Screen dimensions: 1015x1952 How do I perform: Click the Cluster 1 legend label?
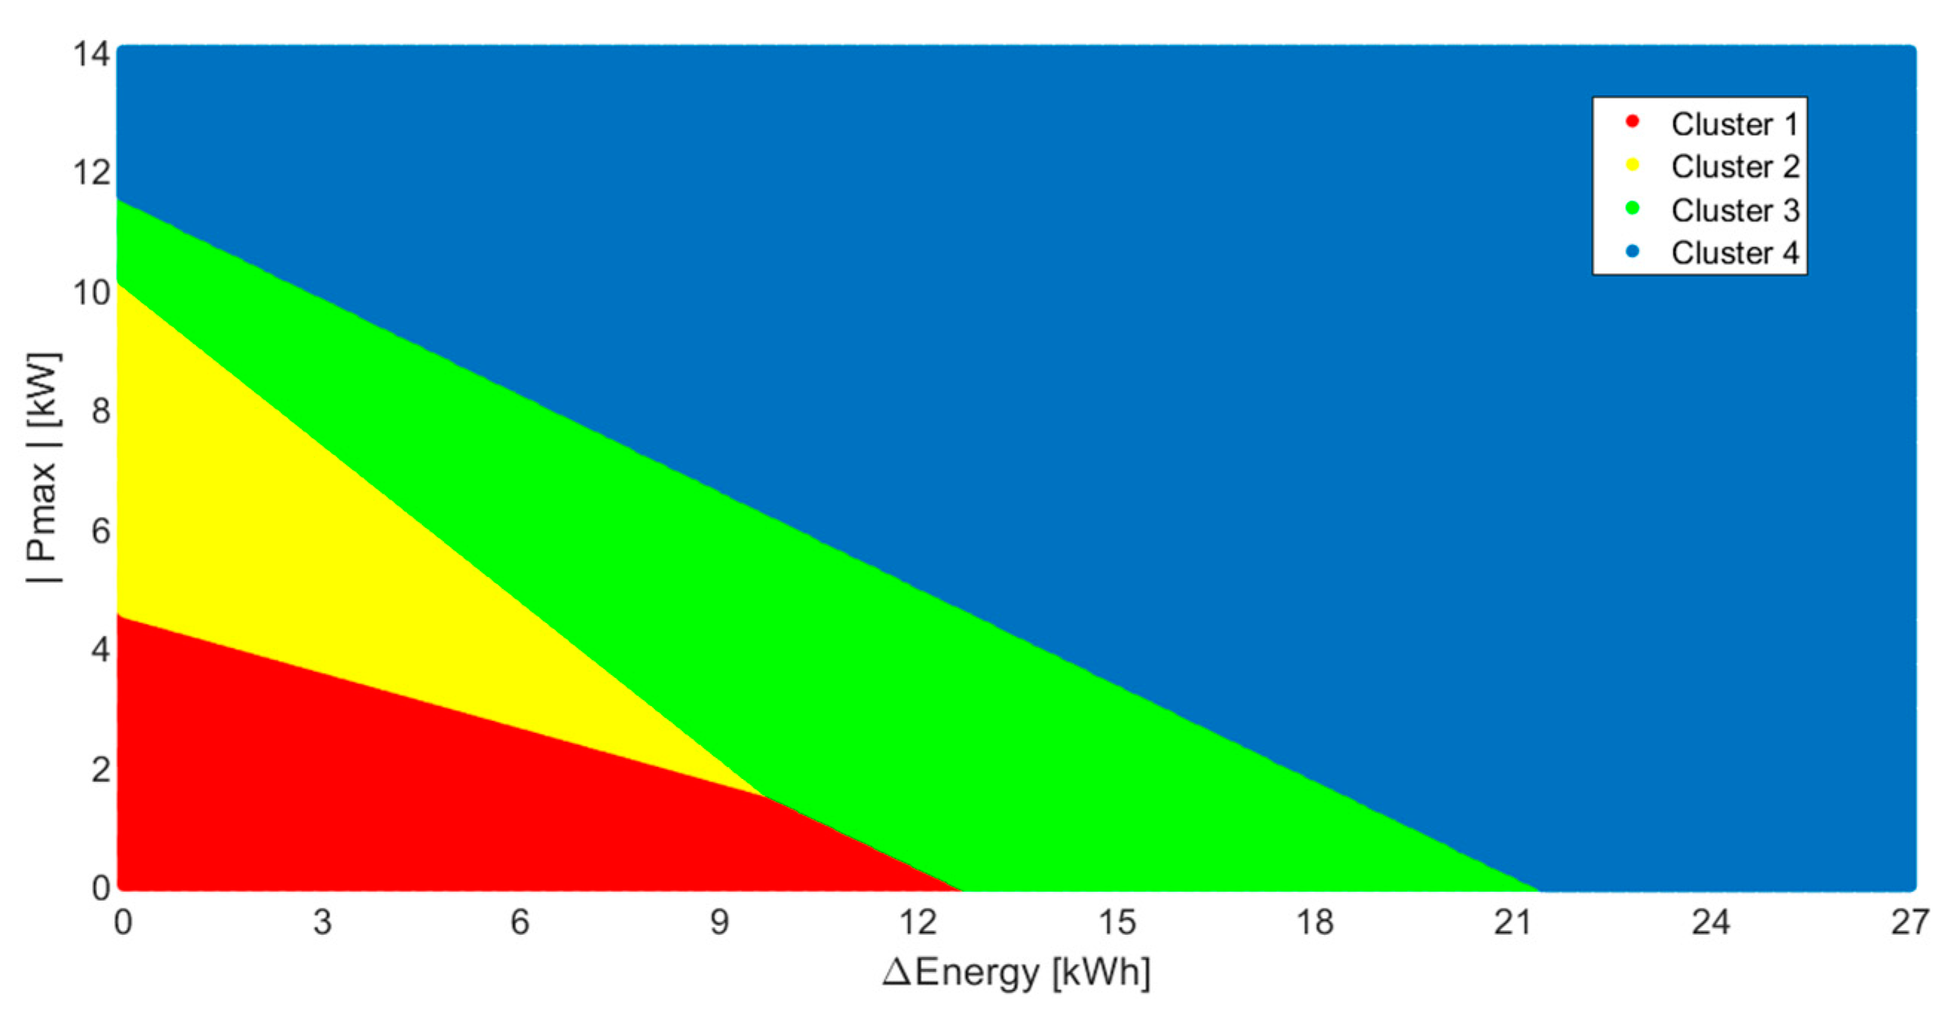coord(1734,124)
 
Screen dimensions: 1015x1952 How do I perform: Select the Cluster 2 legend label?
coord(1734,166)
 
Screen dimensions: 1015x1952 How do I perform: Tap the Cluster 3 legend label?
coord(1734,210)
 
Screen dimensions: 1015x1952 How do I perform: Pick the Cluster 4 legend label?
coord(1734,252)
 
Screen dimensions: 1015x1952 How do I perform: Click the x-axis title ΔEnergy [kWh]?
coord(1016,972)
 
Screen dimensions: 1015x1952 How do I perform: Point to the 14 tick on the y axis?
coord(91,54)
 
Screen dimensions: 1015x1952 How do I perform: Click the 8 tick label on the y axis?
coord(100,411)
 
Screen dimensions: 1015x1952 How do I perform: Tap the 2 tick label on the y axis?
coord(100,769)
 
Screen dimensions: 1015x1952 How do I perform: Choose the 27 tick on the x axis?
coord(1910,923)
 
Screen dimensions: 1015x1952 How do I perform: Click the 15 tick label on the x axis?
coord(1117,923)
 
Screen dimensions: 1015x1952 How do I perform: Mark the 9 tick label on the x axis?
coord(718,923)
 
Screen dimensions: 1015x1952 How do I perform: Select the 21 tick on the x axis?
coord(1512,923)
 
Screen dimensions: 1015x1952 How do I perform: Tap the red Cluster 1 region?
coord(379,795)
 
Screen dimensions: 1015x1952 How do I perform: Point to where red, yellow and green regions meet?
coord(761,794)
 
